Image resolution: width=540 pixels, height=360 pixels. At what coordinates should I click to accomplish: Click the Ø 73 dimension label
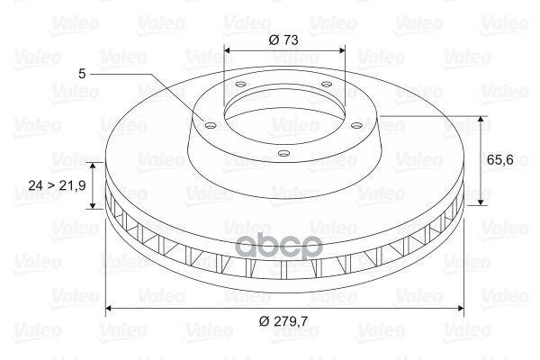coord(283,40)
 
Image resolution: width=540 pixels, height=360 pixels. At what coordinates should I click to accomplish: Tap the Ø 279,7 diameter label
coord(283,321)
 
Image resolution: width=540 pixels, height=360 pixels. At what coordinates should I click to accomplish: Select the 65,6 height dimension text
coord(500,159)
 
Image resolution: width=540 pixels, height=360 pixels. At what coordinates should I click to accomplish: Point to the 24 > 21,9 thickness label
coord(58,185)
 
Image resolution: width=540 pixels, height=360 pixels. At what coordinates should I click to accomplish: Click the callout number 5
coord(82,74)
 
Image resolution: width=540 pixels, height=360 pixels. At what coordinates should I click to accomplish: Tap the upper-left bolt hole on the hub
coord(240,84)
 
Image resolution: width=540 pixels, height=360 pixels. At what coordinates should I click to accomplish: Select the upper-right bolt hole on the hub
coord(326,84)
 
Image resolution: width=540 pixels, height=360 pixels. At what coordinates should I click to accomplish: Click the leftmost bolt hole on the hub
coord(210,125)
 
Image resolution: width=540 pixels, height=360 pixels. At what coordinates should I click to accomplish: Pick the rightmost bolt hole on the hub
coord(357,125)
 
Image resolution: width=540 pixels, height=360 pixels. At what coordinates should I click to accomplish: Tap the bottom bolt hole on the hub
coord(283,153)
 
